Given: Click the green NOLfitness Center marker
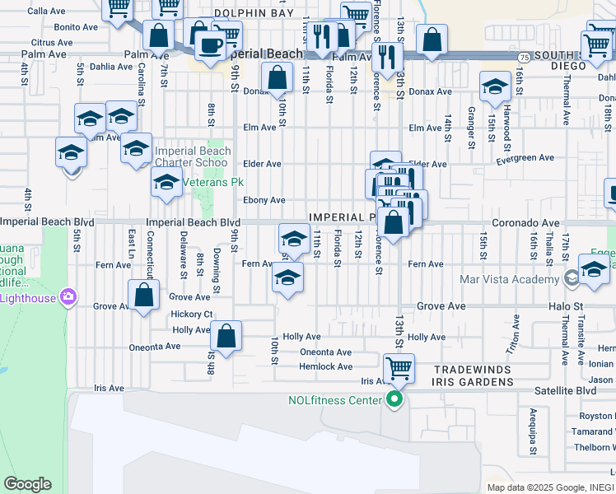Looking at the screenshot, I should tap(394, 401).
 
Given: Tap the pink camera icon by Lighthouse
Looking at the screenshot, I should tap(68, 296).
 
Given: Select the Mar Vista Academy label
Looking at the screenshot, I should tap(511, 279).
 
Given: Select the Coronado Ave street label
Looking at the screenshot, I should tap(525, 223).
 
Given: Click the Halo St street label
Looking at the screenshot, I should tap(566, 306).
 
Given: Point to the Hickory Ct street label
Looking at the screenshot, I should tap(192, 315).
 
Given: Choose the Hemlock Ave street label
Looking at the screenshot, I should tap(325, 366).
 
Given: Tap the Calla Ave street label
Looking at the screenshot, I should tap(46, 12).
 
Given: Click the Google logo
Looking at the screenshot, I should tap(27, 484).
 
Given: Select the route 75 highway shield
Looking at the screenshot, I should tap(525, 56).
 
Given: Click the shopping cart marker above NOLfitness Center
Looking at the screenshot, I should tap(399, 367).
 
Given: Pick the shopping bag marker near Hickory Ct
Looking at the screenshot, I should tap(226, 335).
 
